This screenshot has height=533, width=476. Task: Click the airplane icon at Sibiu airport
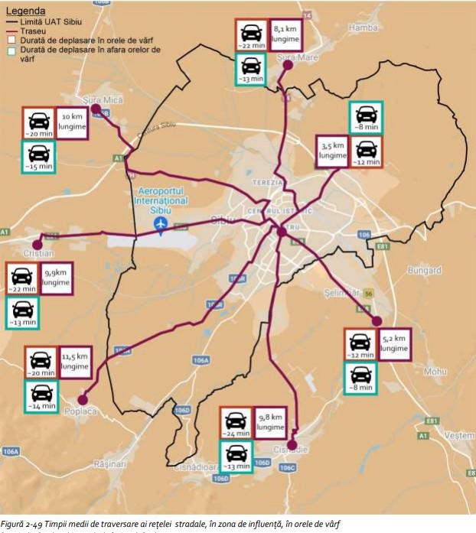[160, 223]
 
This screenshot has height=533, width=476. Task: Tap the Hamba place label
[364, 28]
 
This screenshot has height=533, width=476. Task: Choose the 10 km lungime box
[71, 122]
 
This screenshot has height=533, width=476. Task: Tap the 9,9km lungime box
[56, 278]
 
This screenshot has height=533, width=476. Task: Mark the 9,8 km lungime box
[270, 423]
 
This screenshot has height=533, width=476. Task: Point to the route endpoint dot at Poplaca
[83, 398]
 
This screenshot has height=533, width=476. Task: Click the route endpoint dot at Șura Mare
[288, 66]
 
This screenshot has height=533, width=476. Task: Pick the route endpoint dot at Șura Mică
[96, 109]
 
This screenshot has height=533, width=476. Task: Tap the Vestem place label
[459, 434]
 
